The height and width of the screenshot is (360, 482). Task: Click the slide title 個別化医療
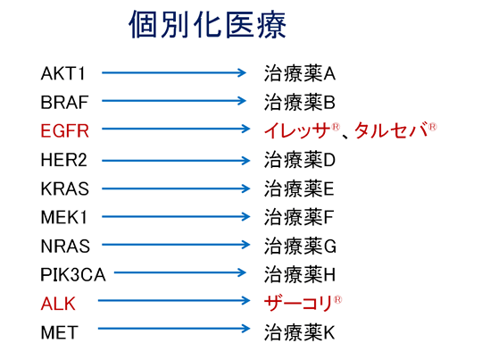(207, 25)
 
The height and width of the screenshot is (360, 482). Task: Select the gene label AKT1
(62, 74)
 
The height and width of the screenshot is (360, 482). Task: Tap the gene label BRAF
(64, 103)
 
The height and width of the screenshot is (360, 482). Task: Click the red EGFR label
(65, 130)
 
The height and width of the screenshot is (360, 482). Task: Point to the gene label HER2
(64, 160)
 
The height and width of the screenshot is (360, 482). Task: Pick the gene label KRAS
(65, 188)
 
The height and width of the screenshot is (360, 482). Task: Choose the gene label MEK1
(64, 217)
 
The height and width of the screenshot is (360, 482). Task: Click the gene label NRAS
(65, 247)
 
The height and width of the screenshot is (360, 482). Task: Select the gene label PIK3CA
(73, 275)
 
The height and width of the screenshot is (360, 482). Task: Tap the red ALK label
(58, 304)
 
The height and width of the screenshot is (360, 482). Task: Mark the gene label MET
(59, 332)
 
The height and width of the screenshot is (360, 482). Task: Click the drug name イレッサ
(297, 130)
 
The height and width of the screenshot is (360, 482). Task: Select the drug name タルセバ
(391, 130)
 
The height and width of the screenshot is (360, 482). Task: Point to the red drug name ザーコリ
(298, 303)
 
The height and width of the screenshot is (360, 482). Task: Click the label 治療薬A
(300, 73)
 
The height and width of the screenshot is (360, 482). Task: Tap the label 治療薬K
(300, 332)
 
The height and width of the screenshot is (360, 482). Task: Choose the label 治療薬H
(300, 274)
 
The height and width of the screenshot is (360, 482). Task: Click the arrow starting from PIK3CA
(179, 272)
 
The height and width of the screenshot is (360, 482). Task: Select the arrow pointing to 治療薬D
(176, 160)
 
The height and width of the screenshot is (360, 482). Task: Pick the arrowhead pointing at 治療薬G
(245, 245)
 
